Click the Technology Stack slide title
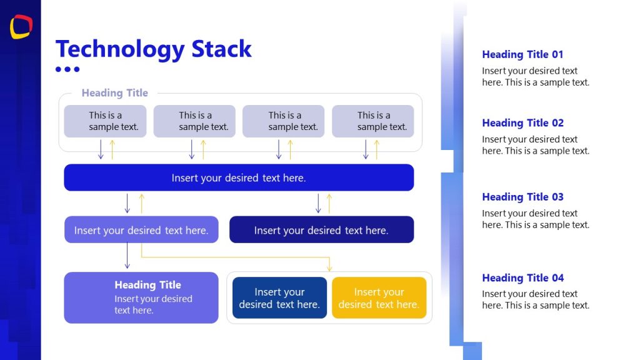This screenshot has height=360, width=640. (x=153, y=49)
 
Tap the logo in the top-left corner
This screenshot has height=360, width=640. (x=21, y=26)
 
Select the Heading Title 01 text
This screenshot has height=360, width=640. (x=522, y=54)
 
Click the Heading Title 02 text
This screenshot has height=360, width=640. (x=522, y=122)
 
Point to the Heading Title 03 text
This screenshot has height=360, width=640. (x=522, y=197)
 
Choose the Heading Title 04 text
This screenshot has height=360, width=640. (x=522, y=277)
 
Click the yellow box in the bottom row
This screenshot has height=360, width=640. (x=379, y=298)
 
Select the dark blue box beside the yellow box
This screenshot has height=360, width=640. (x=279, y=298)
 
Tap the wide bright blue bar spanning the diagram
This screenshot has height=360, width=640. (x=239, y=177)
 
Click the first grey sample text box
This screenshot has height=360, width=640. (x=105, y=121)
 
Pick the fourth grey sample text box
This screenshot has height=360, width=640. (x=373, y=121)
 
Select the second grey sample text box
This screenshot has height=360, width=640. (x=194, y=121)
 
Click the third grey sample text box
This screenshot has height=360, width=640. (x=284, y=121)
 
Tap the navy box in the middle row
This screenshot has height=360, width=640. (x=321, y=230)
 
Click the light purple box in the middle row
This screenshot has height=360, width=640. (x=141, y=230)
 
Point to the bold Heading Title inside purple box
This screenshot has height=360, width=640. (x=147, y=285)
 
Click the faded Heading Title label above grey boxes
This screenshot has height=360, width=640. (x=114, y=93)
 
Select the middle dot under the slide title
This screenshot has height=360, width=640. (x=67, y=69)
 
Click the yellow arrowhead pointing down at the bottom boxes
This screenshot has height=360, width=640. (x=329, y=268)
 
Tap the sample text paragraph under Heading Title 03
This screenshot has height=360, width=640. (x=535, y=219)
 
